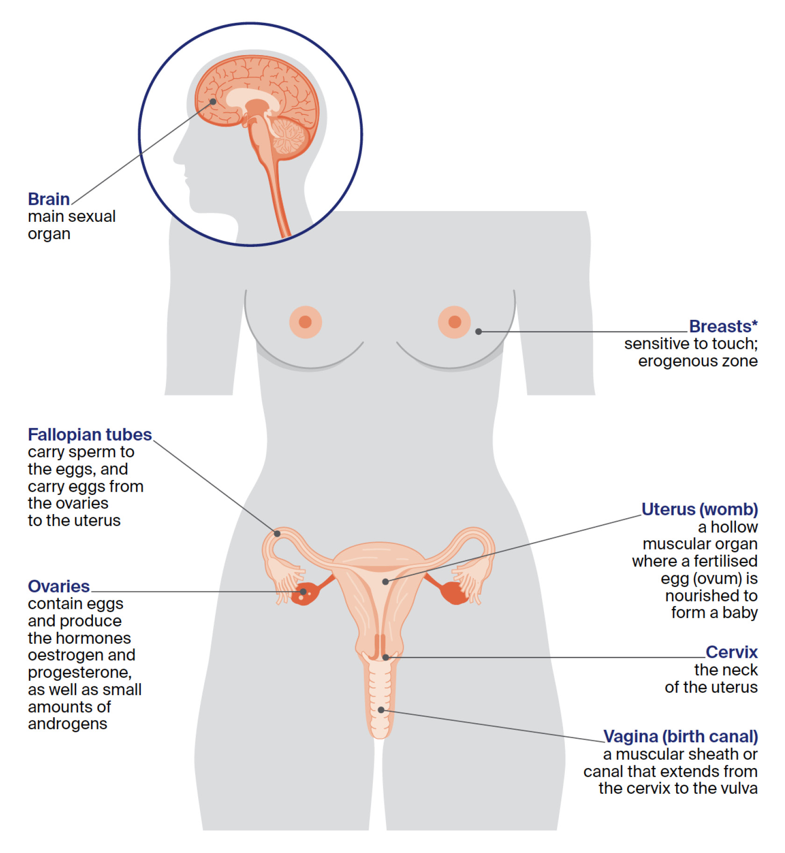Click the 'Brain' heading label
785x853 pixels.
point(49,199)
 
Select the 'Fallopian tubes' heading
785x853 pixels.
point(90,435)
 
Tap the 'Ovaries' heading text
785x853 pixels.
point(58,586)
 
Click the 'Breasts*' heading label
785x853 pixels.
point(723,326)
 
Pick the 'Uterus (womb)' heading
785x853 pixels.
point(699,509)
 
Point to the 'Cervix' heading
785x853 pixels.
point(731,652)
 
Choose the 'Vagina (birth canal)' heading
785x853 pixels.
point(680,736)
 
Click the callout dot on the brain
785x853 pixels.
point(213,102)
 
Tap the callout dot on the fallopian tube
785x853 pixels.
point(277,533)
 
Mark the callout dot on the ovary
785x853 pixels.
point(303,592)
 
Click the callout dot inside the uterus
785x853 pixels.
point(385,582)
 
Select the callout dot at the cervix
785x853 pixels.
point(385,657)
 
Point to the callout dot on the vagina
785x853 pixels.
point(381,710)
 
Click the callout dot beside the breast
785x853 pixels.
point(478,331)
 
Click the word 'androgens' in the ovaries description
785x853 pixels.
point(67,724)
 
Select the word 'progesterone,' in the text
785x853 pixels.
point(79,672)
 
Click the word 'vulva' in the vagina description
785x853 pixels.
point(739,788)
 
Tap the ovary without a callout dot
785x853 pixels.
point(454,592)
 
